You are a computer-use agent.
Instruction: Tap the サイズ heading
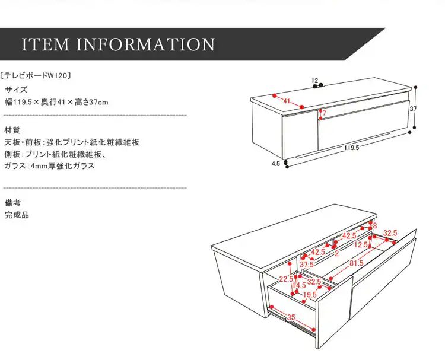coord(16,90)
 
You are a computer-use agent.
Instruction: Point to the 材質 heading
coord(12,129)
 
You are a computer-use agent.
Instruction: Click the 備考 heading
coord(12,203)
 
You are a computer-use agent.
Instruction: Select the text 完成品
coord(17,215)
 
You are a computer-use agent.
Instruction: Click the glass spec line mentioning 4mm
coord(50,167)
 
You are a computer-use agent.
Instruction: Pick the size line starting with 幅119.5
coord(56,103)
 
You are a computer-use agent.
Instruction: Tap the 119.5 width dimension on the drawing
coord(351,148)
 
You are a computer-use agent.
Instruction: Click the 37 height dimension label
coord(413,109)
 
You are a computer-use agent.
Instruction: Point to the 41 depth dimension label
coord(287,101)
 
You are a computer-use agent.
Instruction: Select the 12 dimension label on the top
coord(314,80)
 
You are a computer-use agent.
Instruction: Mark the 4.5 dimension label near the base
coord(275,164)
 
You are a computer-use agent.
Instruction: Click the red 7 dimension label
coord(324,113)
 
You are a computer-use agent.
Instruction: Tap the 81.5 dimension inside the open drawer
coord(356,263)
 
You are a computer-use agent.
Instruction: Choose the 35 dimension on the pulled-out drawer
coord(291,318)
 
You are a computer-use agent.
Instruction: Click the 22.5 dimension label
coord(286,279)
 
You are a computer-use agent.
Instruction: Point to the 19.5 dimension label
coord(310,294)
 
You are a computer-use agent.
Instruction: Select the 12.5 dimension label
coord(361,244)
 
